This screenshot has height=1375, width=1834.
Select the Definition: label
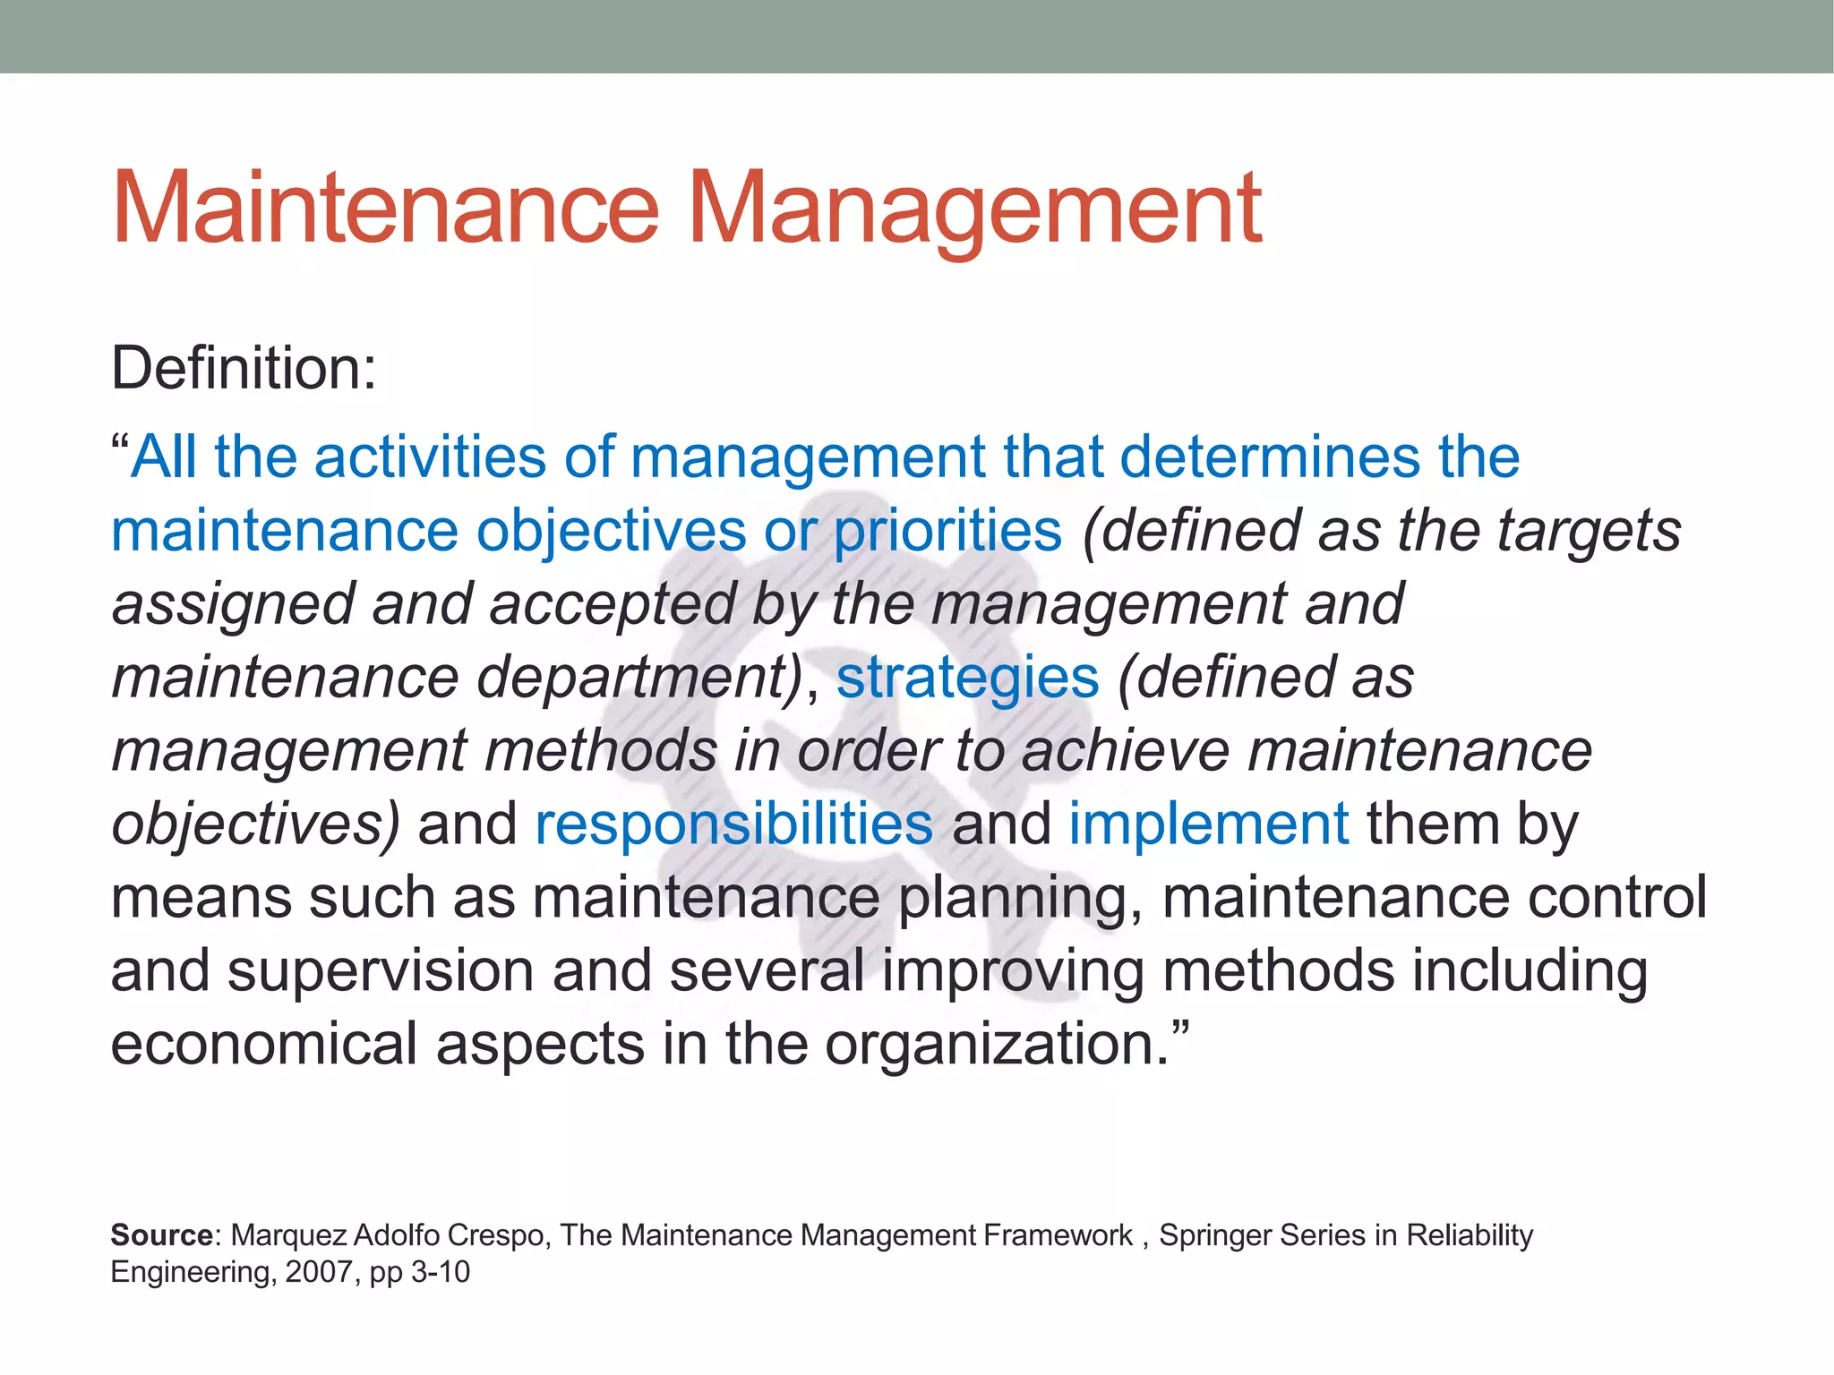(244, 368)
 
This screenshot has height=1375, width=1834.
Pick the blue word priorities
(947, 531)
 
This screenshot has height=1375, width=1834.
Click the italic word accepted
(613, 604)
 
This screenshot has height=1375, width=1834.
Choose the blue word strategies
(967, 678)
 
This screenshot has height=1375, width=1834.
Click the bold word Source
(161, 1235)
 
